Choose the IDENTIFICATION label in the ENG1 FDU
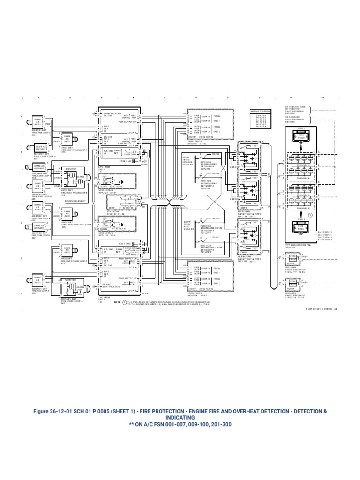point(112,113)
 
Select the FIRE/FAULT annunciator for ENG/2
point(292,283)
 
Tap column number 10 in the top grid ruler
point(322,97)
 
